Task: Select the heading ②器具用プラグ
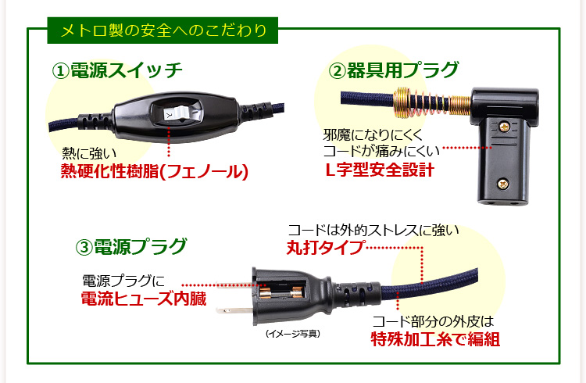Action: tap(393, 70)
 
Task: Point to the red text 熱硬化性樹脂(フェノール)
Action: tap(154, 171)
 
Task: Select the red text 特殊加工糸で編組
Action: tap(434, 340)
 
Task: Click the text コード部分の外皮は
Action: tap(434, 321)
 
